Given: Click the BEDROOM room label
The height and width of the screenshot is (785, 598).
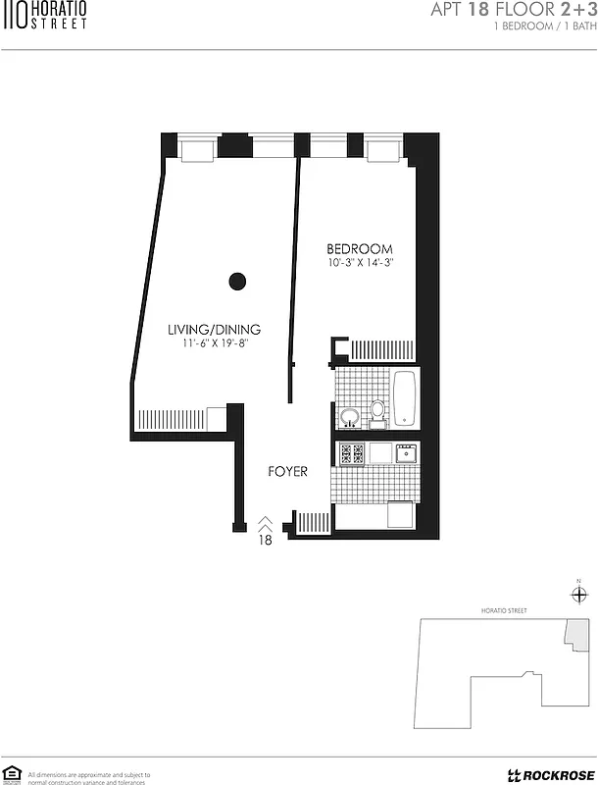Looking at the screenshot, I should pyautogui.click(x=360, y=249).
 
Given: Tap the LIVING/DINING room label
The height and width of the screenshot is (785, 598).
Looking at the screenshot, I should pyautogui.click(x=214, y=330).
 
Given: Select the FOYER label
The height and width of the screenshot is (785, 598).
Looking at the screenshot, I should pyautogui.click(x=288, y=472).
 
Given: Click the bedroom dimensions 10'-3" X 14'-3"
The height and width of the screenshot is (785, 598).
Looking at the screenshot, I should pyautogui.click(x=361, y=263).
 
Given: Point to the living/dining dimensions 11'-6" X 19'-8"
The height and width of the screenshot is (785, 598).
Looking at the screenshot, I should pyautogui.click(x=214, y=344).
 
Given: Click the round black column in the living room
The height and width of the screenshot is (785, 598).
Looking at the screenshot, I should pyautogui.click(x=235, y=282).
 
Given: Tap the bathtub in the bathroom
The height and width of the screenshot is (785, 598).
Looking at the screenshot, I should pyautogui.click(x=404, y=397).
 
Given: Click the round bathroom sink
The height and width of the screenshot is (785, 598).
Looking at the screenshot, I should pyautogui.click(x=349, y=419).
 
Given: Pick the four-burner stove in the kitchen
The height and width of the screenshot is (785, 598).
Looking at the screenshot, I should pyautogui.click(x=352, y=453).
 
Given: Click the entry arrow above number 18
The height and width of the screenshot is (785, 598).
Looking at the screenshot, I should pyautogui.click(x=265, y=525).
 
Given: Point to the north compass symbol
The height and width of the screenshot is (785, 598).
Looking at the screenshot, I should pyautogui.click(x=579, y=594).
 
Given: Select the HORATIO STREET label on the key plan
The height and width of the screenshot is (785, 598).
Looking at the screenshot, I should pyautogui.click(x=504, y=610).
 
